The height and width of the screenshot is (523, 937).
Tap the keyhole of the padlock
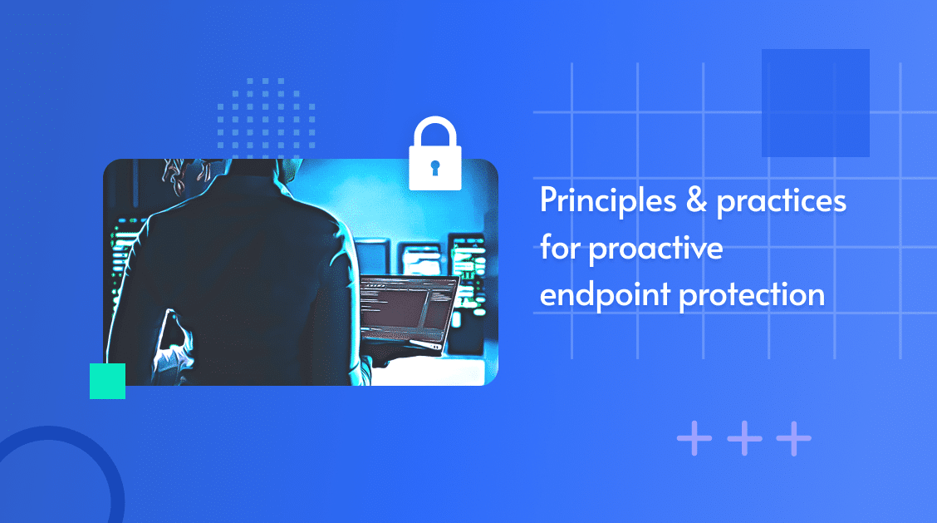point(435,168)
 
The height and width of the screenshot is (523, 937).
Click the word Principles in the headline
point(608,201)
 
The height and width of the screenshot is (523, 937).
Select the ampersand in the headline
point(696,200)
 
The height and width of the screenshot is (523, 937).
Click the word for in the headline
point(559,247)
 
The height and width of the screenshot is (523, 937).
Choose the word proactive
point(655,249)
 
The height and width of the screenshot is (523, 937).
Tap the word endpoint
point(605,294)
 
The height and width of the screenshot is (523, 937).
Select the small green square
point(107,381)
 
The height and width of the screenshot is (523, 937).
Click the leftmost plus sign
point(694,439)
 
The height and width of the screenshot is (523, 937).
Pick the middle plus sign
point(744,439)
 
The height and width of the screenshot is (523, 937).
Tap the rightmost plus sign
point(794,439)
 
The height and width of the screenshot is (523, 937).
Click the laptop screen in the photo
point(410,308)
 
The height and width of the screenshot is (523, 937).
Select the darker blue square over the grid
point(815,103)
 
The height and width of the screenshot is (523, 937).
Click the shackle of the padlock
point(435,131)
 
